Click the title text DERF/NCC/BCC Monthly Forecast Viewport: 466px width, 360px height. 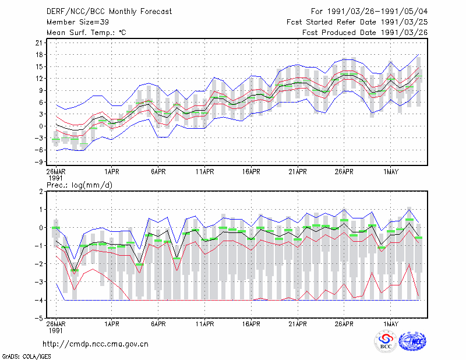click(109, 12)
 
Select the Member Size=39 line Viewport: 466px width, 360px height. click(77, 22)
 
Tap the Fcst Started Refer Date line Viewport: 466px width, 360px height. click(357, 22)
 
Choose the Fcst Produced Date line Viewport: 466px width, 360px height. click(365, 33)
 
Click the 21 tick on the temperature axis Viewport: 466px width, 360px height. click(39, 43)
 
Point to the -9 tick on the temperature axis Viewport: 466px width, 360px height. click(38, 162)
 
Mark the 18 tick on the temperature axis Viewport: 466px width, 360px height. click(39, 55)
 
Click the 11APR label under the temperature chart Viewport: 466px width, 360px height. click(205, 172)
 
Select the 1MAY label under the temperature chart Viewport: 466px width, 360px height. click(391, 172)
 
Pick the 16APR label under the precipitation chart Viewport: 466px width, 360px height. click(251, 324)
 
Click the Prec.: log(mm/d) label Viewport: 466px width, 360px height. click(79, 185)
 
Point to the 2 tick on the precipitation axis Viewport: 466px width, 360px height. click(41, 192)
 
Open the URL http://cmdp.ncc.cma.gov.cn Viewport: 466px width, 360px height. click(96, 344)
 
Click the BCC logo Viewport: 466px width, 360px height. click(386, 341)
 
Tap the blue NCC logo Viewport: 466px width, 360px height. click(412, 341)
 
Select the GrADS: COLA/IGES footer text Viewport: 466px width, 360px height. click(27, 357)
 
